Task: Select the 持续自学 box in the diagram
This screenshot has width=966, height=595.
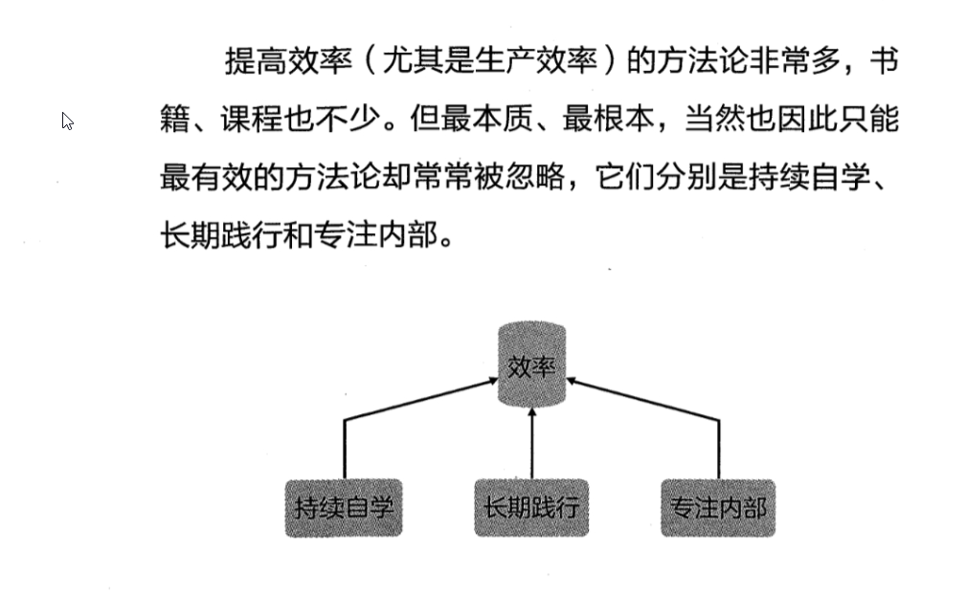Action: click(x=344, y=507)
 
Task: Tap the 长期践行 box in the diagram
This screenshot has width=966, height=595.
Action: click(x=531, y=507)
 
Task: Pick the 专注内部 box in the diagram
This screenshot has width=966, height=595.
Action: click(x=718, y=507)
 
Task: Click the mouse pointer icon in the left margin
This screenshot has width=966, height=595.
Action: click(x=68, y=121)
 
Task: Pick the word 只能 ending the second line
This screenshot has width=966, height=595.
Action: click(x=873, y=121)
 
